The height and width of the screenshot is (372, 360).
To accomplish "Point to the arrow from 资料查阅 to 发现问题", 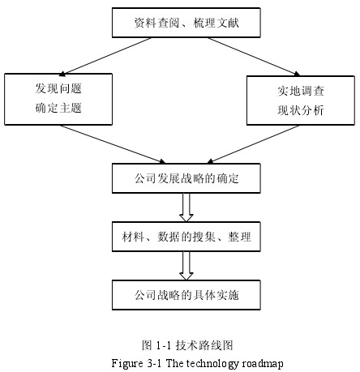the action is click(105, 56).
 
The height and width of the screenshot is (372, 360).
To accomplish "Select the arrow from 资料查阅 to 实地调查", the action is click(254, 57).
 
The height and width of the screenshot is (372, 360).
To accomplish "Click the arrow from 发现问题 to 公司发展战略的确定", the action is click(113, 144).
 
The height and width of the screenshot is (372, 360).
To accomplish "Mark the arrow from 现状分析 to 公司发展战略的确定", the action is click(253, 144).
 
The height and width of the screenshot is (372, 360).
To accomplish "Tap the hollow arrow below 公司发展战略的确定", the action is click(186, 207).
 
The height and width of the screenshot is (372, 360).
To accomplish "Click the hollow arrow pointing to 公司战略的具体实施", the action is click(186, 266).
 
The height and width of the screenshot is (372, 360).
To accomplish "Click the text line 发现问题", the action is click(58, 88).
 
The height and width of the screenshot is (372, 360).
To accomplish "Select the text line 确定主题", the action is click(58, 108).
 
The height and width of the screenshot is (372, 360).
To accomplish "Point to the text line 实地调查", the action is click(301, 91).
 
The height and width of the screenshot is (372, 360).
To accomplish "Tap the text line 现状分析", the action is click(301, 110).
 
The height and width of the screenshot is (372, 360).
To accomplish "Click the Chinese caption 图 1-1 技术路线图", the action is click(187, 345).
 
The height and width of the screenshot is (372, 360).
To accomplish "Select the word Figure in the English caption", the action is click(127, 363).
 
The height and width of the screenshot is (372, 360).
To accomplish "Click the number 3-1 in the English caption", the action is click(155, 363).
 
